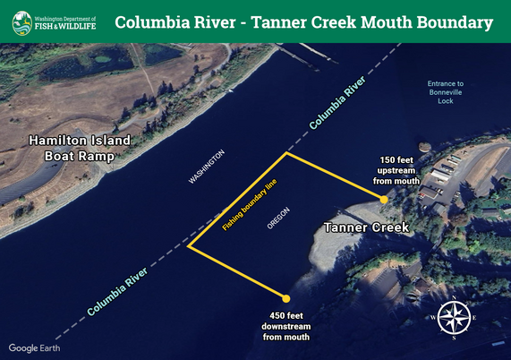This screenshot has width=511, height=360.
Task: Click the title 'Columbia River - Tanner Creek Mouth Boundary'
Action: pyautogui.click(x=304, y=22)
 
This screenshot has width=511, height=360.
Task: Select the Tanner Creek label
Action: pyautogui.click(x=366, y=228)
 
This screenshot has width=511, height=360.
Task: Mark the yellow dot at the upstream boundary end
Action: pyautogui.click(x=383, y=200)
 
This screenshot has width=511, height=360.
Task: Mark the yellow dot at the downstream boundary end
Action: pyautogui.click(x=286, y=298)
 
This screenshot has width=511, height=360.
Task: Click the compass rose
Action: pyautogui.click(x=455, y=317)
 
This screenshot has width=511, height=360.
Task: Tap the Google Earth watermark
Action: pyautogui.click(x=35, y=347)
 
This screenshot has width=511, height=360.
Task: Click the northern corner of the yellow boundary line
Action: pyautogui.click(x=286, y=153)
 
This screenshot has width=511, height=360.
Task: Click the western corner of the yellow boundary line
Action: pyautogui.click(x=189, y=246)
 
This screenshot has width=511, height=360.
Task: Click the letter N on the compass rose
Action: pyautogui.click(x=455, y=298)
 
